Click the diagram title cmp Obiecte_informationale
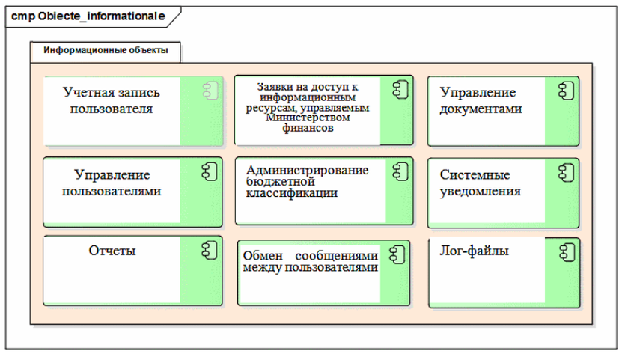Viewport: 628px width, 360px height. (x=88, y=16)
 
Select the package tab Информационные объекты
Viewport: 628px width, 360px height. (x=106, y=50)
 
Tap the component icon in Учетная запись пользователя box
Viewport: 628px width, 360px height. (x=210, y=91)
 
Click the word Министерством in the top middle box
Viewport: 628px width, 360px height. (x=308, y=118)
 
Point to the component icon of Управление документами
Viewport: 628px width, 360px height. (x=566, y=91)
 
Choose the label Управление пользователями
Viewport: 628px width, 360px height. (x=112, y=183)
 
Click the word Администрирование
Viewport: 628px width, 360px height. (x=307, y=170)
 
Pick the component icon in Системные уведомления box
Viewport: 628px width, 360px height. (x=566, y=173)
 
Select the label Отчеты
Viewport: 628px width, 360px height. (x=112, y=251)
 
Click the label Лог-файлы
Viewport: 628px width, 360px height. (x=475, y=251)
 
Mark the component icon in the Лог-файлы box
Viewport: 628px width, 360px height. (x=567, y=253)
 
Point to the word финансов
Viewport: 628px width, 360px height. (x=308, y=128)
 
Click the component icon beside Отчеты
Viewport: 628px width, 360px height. (x=209, y=250)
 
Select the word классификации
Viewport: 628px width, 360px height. (x=292, y=193)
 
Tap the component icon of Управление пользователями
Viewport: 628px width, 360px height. (x=209, y=171)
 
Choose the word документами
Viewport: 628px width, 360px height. (x=481, y=109)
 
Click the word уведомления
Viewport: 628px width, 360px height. (x=481, y=192)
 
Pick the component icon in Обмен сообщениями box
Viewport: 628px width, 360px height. (x=397, y=254)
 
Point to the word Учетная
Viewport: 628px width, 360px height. (x=89, y=93)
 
